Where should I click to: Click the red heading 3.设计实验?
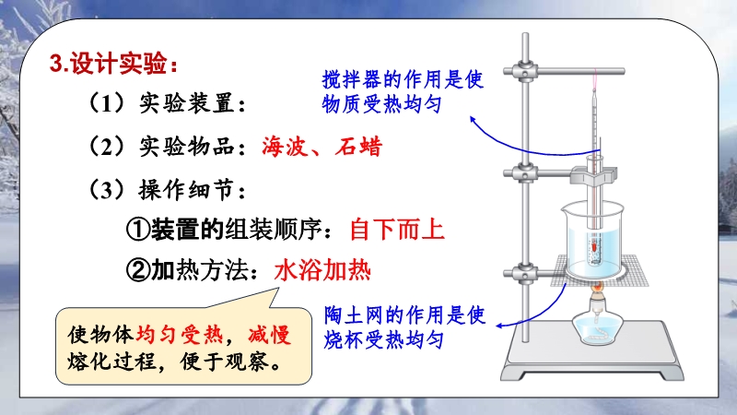click(113, 63)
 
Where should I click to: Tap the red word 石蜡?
click(358, 147)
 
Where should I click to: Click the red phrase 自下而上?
click(397, 230)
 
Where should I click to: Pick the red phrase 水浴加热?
click(322, 271)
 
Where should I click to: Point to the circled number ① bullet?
click(138, 230)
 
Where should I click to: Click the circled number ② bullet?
click(138, 271)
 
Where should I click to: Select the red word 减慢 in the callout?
click(269, 335)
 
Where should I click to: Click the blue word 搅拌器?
click(353, 79)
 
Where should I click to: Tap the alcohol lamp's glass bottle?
click(596, 327)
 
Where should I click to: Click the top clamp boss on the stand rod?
click(524, 72)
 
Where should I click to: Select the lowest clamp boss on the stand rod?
click(524, 273)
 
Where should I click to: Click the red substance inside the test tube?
click(594, 244)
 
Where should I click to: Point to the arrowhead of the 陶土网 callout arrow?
click(500, 326)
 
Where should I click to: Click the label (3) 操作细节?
click(168, 190)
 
